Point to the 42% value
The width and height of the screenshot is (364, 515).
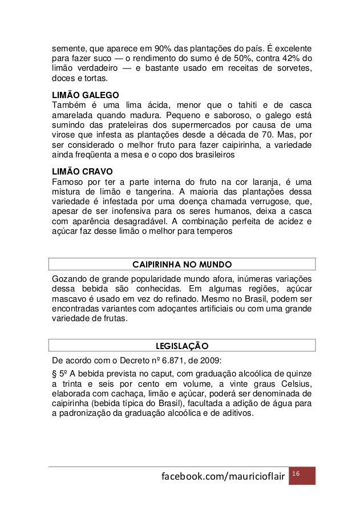[288, 57]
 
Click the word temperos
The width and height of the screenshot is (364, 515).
[213, 233]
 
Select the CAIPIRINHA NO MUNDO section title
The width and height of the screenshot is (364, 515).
[182, 265]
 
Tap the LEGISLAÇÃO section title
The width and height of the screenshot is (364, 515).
[182, 346]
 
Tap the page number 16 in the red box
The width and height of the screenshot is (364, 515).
[296, 474]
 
